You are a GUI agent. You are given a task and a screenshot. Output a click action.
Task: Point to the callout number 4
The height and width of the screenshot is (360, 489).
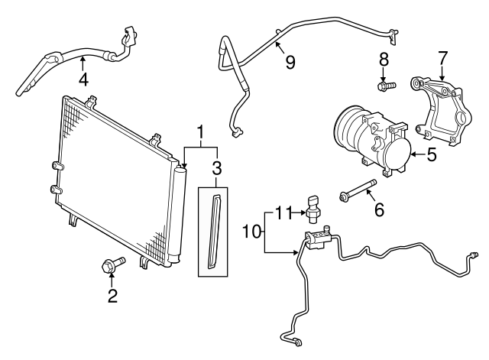coord(83,80)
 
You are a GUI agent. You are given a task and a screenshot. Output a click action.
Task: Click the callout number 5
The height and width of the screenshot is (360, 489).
coord(431,155)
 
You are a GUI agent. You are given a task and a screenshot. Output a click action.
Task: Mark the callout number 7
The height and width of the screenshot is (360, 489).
coord(441,58)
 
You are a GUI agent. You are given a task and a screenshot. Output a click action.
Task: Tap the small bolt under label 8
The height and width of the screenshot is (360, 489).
coord(387,86)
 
